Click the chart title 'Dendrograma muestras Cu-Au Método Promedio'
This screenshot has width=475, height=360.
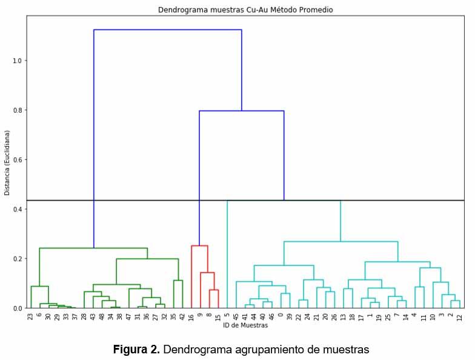(x=245, y=10)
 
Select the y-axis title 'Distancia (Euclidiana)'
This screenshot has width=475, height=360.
(x=7, y=162)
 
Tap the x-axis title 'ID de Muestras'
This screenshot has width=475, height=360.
(x=245, y=325)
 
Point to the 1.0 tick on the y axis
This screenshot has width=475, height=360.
(x=17, y=61)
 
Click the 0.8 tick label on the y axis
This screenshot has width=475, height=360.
(x=17, y=110)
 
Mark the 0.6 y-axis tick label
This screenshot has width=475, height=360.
(x=17, y=160)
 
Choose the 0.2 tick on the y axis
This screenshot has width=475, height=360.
(x=17, y=259)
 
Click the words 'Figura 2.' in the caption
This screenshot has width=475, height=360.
(x=136, y=350)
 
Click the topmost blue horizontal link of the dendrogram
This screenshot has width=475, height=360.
(x=168, y=30)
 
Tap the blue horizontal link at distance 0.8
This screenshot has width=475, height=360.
(x=242, y=111)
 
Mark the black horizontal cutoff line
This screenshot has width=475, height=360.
(x=364, y=200)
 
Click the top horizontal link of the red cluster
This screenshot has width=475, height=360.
(x=199, y=245)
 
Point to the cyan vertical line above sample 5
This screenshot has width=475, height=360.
(x=227, y=255)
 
